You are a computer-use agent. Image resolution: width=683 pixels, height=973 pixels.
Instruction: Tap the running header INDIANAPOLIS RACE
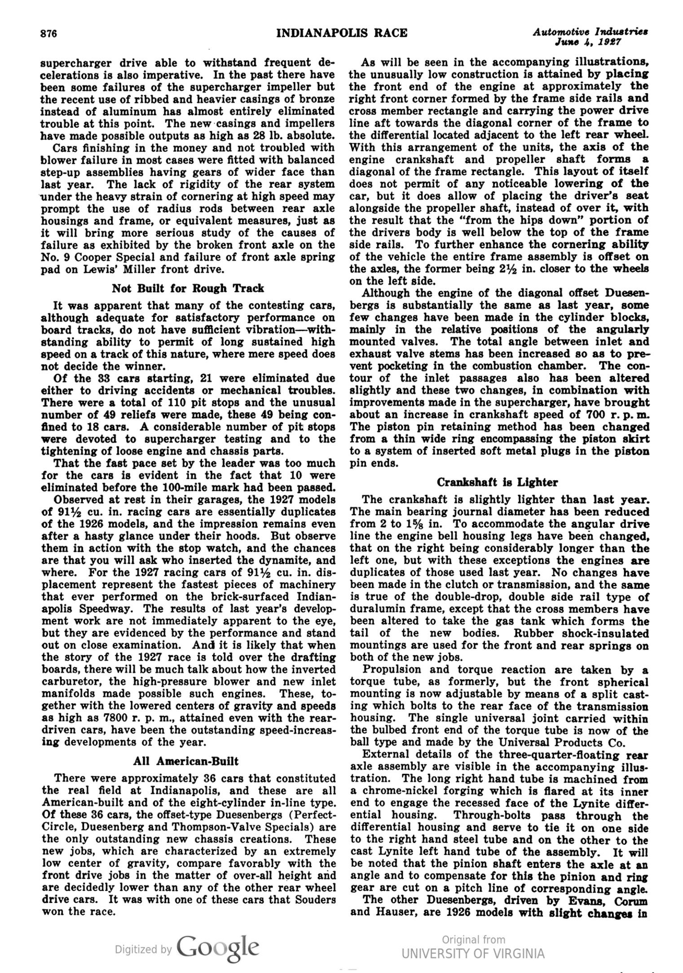tap(342, 33)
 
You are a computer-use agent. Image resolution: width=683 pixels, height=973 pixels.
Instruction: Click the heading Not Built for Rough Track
tap(188, 288)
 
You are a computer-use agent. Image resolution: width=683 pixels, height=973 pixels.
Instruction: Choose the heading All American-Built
tap(186, 761)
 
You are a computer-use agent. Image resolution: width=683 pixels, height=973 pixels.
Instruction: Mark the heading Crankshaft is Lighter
tap(497, 482)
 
